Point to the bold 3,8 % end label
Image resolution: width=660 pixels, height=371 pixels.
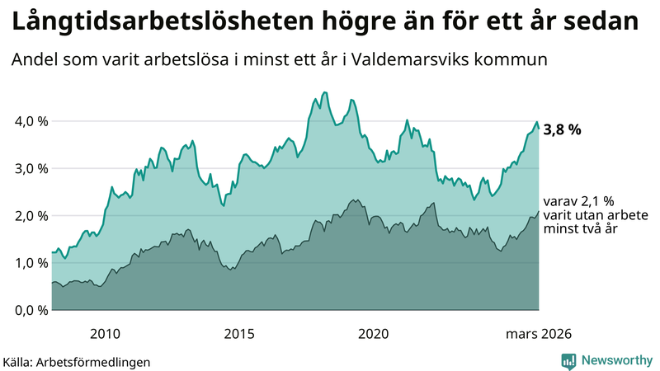[563, 129]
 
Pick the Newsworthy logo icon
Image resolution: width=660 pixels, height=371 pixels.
[568, 360]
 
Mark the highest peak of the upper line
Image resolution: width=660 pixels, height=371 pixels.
[324, 92]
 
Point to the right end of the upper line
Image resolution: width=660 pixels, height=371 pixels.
[539, 128]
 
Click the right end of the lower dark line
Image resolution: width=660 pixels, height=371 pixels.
[539, 211]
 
